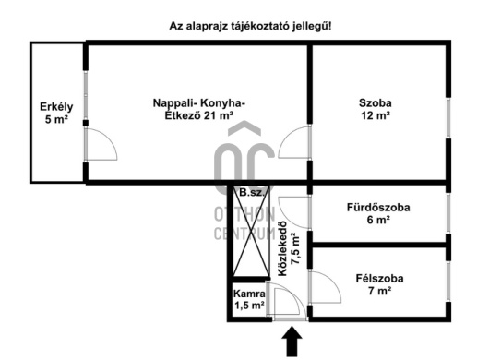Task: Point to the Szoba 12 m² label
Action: tap(376, 109)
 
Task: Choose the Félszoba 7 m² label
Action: tap(379, 284)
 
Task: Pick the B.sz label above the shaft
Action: tap(249, 193)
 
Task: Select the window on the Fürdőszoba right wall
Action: tap(450, 220)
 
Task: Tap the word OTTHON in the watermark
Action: tap(244, 214)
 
